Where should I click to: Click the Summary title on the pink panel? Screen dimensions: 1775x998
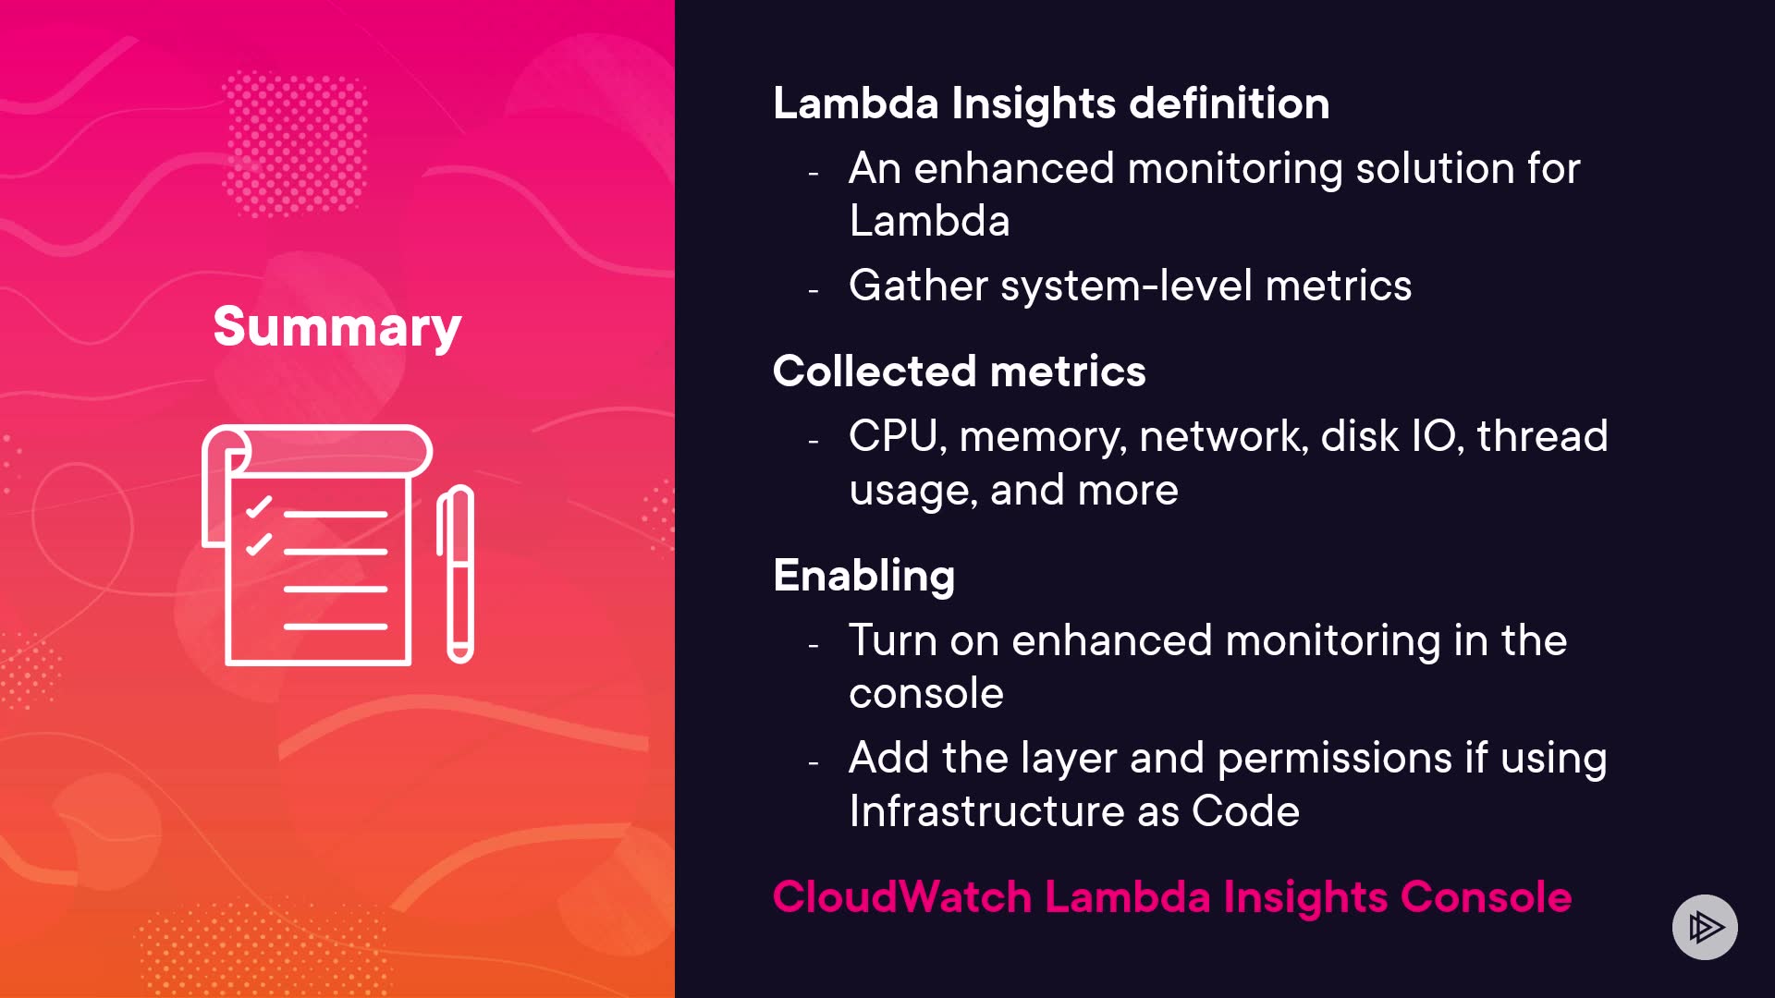point(337,327)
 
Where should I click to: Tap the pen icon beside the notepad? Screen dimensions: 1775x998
point(456,574)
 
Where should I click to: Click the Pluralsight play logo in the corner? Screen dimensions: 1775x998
point(1705,927)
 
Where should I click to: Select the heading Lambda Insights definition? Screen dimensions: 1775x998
point(1051,103)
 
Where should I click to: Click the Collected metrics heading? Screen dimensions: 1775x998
point(959,371)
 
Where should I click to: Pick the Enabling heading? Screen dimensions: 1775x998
point(863,576)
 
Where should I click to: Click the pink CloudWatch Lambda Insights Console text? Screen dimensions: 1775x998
point(1172,896)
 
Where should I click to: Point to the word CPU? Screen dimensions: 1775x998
point(894,436)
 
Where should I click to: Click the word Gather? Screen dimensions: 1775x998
point(919,285)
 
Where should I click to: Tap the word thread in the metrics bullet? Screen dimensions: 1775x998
point(1542,435)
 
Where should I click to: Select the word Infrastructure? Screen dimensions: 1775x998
point(987,810)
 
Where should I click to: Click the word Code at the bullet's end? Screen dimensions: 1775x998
point(1245,810)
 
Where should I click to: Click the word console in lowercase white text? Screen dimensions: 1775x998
point(926,694)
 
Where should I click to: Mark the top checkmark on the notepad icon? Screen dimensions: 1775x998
point(259,506)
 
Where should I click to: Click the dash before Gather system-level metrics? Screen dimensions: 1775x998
point(814,291)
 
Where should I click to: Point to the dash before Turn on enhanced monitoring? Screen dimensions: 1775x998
point(814,646)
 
